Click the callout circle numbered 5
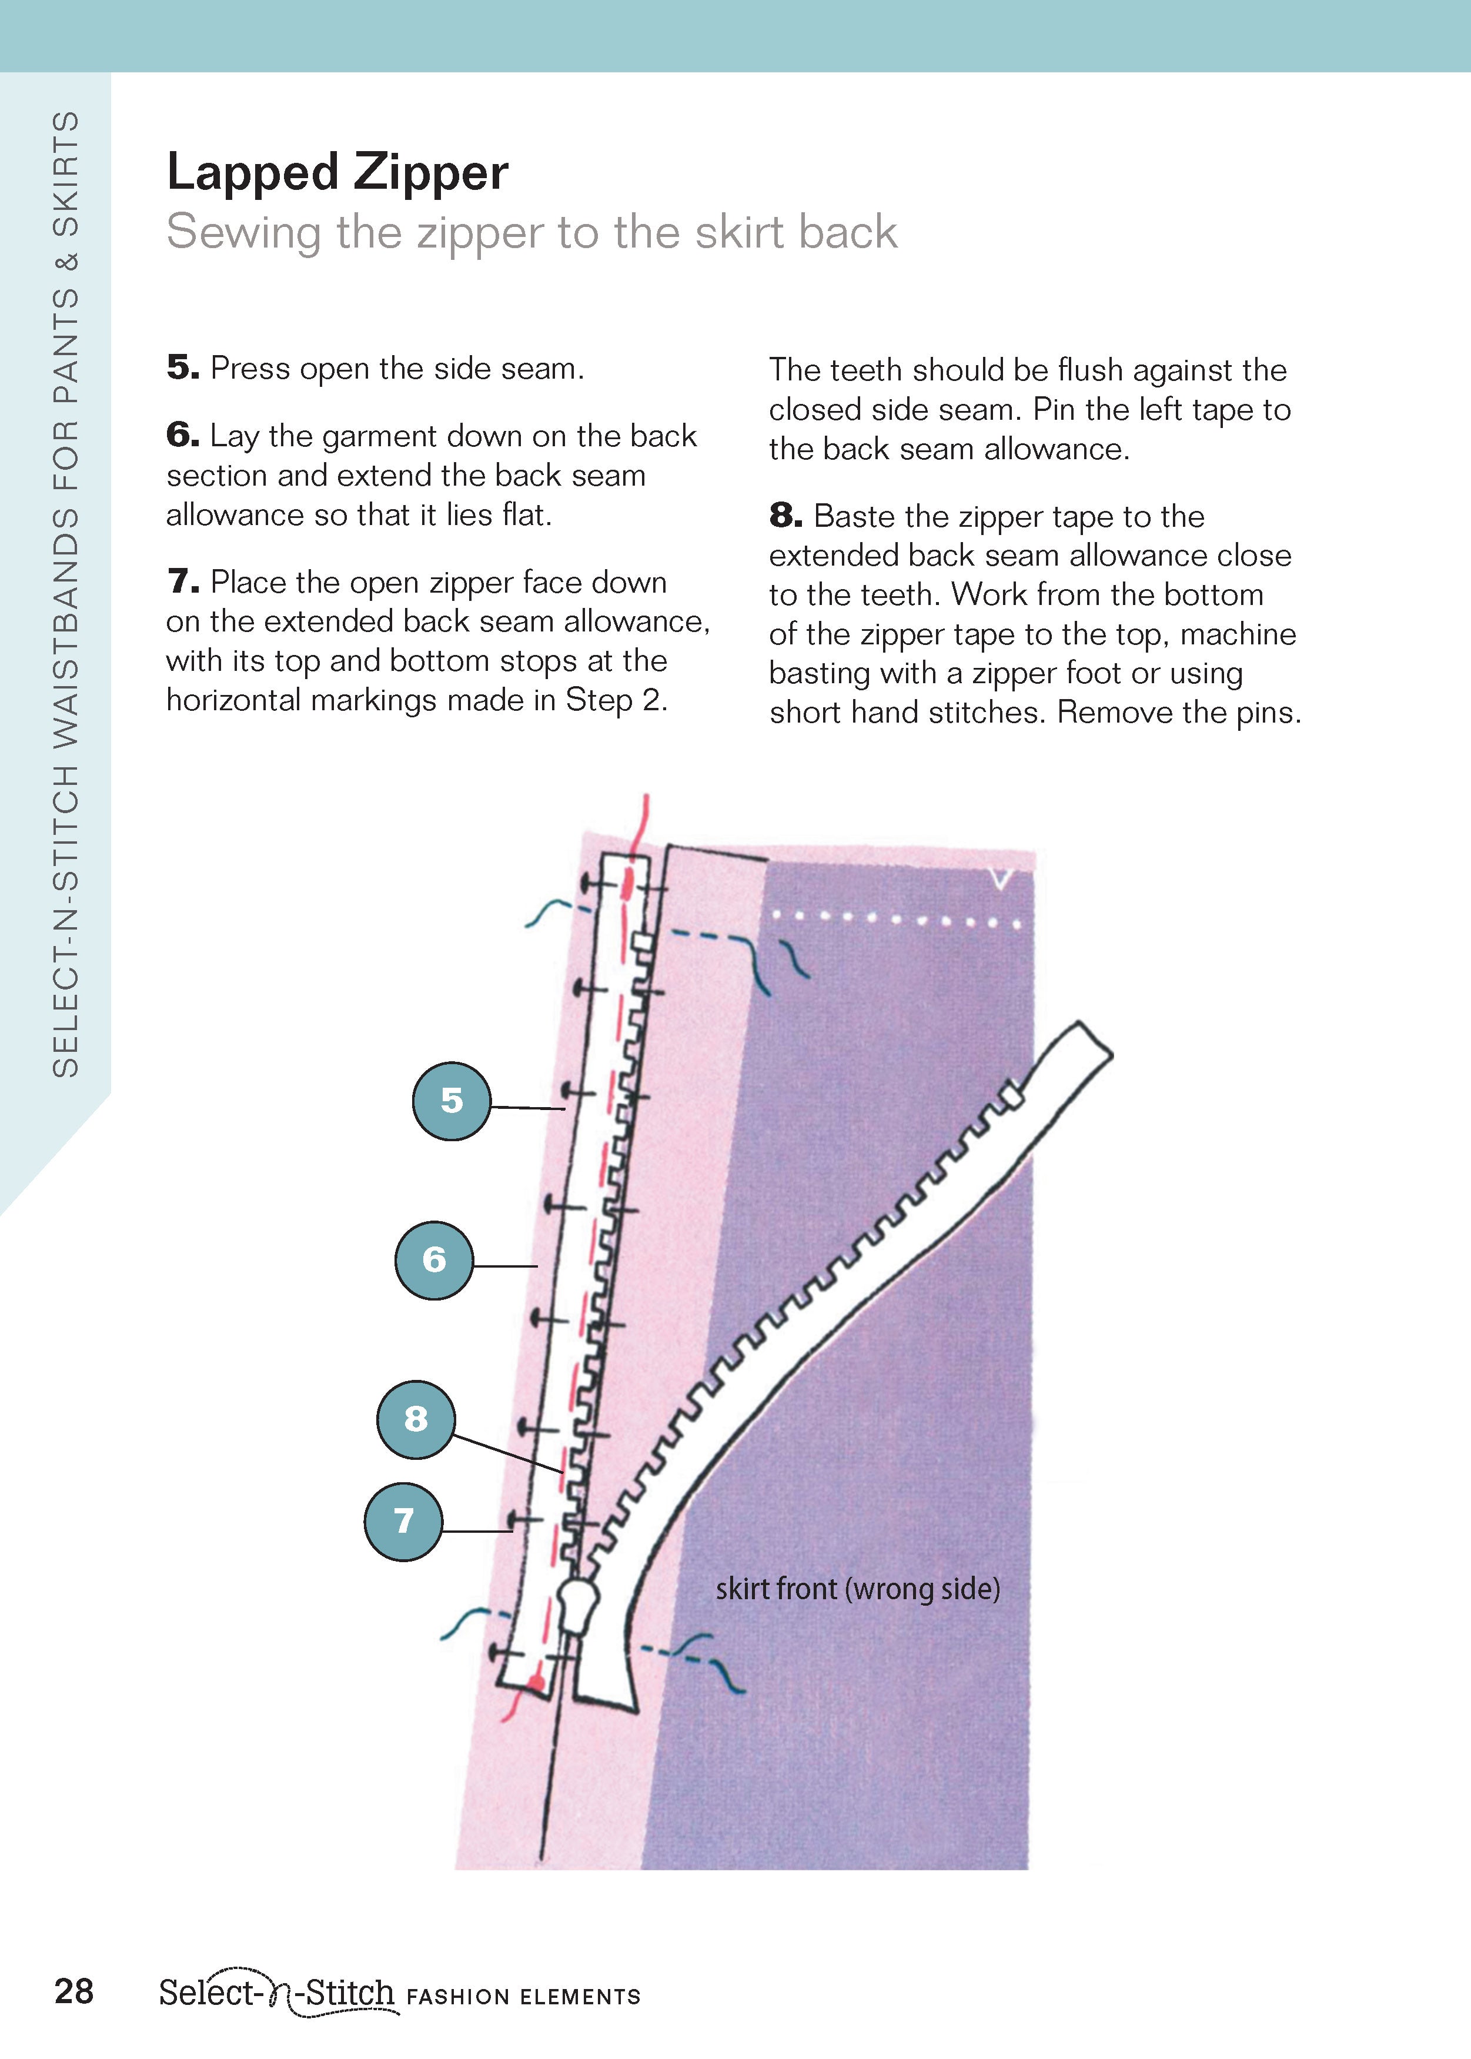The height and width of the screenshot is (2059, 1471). tap(451, 1101)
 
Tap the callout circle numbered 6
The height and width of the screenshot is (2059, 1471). tap(434, 1260)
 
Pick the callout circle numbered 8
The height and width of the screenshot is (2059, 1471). tap(416, 1419)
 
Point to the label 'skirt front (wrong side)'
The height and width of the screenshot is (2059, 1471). tap(857, 1589)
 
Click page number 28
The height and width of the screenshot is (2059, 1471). tap(74, 1991)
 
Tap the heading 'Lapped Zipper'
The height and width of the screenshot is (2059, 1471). tap(337, 172)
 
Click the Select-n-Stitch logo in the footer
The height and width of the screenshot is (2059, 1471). tap(277, 1994)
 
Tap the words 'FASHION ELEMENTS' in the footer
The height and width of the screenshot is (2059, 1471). tap(523, 1997)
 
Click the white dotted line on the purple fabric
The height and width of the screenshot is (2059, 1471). tap(895, 920)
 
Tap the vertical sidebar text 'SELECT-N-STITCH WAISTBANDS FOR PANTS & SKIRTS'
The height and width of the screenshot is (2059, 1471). tap(65, 593)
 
